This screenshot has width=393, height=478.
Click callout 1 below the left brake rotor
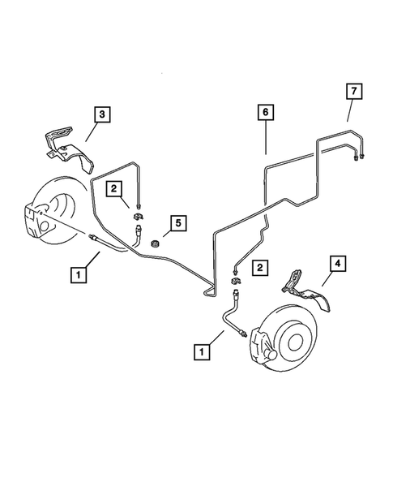click(79, 276)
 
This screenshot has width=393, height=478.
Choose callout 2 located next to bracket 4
click(259, 266)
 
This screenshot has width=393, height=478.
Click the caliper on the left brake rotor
click(36, 222)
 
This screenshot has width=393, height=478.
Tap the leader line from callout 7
click(348, 110)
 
